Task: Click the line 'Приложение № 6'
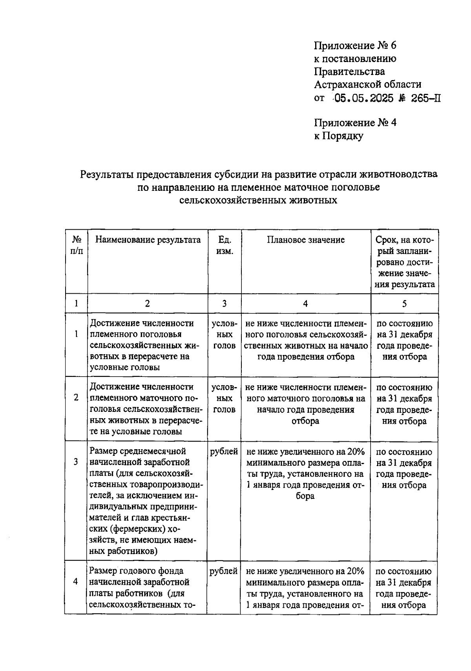[355, 46]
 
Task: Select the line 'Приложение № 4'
[355, 123]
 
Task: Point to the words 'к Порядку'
[338, 136]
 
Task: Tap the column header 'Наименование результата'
[148, 240]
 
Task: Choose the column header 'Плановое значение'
[306, 240]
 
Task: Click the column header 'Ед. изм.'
[225, 245]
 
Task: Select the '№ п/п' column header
[77, 245]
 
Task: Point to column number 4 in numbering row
[305, 304]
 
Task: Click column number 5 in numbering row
[404, 304]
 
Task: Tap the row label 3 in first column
[76, 462]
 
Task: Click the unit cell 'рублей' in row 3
[224, 452]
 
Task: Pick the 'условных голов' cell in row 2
[224, 399]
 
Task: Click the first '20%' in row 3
[356, 452]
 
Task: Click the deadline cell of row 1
[404, 340]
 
